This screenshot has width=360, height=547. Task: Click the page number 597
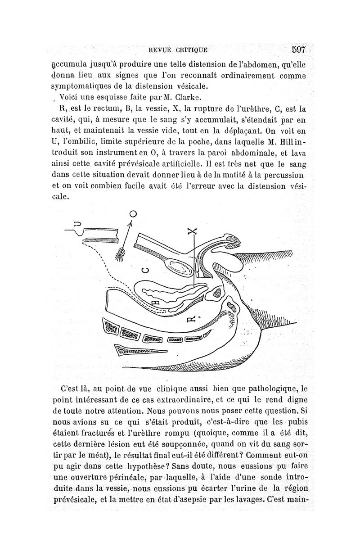click(298, 49)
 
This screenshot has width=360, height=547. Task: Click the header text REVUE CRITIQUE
click(180, 50)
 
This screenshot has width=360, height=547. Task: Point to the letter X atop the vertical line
click(193, 233)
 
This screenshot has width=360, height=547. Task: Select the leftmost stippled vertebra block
click(110, 325)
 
